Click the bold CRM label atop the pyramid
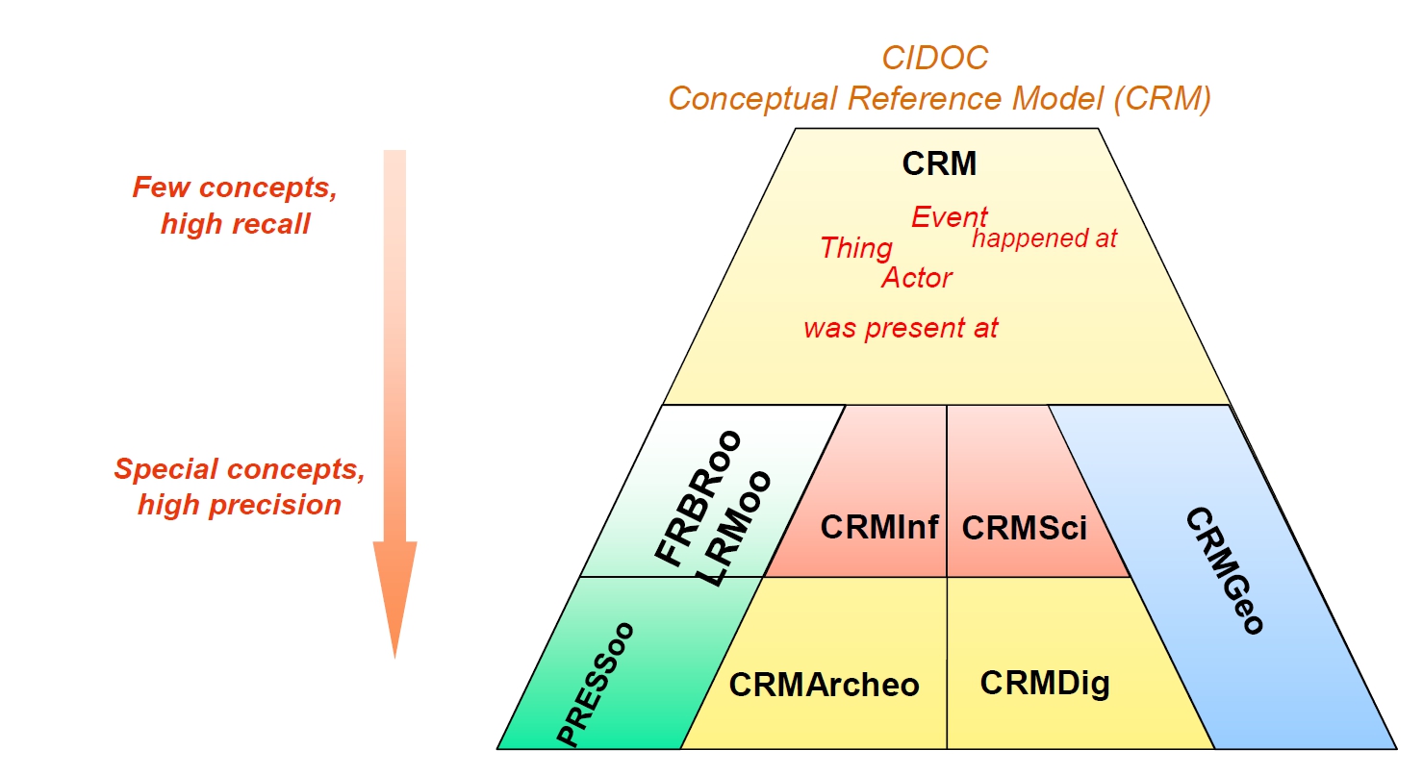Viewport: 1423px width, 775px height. (939, 164)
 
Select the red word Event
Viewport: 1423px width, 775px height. (949, 217)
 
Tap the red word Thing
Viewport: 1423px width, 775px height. (855, 248)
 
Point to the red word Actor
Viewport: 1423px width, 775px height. (916, 278)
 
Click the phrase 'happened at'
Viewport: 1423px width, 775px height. (1044, 238)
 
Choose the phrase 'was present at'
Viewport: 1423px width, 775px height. (901, 328)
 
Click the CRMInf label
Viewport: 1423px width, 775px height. (878, 527)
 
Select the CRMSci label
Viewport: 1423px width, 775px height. (1024, 528)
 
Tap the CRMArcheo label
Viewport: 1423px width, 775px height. (824, 685)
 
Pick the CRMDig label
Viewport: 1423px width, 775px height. (1044, 683)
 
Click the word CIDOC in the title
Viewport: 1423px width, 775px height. (935, 59)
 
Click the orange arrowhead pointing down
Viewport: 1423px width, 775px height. (394, 596)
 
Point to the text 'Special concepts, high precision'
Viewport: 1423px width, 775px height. (240, 487)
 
